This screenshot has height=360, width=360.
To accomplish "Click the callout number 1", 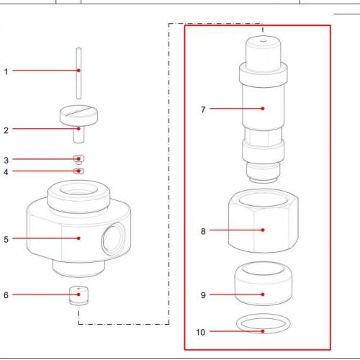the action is pos(6,71).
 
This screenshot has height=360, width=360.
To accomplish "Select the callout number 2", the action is pos(6,130).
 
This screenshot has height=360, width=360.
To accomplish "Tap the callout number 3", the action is pos(6,161).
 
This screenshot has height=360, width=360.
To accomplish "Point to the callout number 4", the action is pos(6,172).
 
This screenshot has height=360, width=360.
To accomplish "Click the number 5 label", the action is pos(6,239).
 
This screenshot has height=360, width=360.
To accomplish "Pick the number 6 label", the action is pos(6,295).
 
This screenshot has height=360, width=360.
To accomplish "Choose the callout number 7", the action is pos(203,109).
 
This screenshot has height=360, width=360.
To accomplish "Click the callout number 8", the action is pos(203,231).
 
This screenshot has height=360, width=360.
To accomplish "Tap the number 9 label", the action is pos(203,295).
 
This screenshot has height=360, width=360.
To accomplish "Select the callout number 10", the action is pos(201,332).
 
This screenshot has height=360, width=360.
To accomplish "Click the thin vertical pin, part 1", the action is pos(78,73).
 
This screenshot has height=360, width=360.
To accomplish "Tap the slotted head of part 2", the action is pos(78,115).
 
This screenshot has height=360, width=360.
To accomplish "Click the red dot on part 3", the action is pos(78,159).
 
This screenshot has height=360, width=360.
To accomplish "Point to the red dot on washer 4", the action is pos(78,171).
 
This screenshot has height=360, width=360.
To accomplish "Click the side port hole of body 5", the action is pos(114,239).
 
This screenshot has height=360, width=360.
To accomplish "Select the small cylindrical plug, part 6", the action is pos(78,296).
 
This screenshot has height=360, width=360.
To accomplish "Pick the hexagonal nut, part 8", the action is pos(264,221).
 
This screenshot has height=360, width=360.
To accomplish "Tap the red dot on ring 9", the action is pos(263,294).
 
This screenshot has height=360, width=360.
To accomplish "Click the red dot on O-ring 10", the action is pos(263,331).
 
